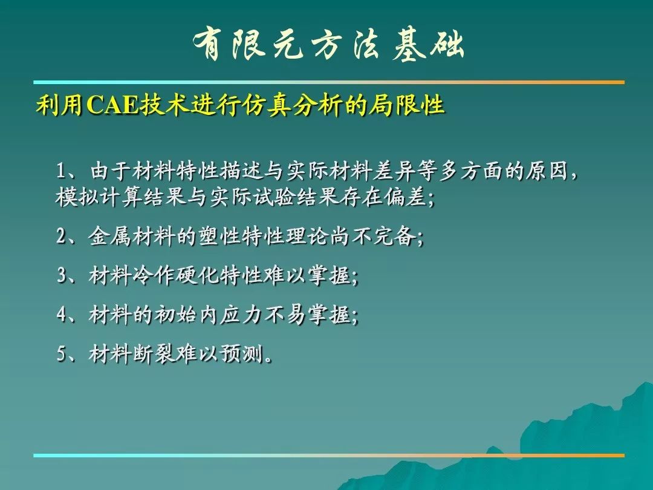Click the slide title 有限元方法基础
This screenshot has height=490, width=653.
coord(328,45)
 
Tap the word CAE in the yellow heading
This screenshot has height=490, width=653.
coord(112,105)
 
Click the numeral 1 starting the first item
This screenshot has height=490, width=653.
coord(62,171)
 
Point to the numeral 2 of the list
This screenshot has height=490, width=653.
coord(62,237)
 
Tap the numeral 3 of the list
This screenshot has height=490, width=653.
coord(62,275)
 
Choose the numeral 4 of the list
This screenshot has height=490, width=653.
coord(62,314)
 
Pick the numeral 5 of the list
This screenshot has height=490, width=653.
coord(62,354)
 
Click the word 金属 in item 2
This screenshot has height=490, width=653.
coord(109,237)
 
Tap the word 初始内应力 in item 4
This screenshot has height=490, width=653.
coord(207,314)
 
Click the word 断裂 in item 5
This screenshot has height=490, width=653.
coord(154,354)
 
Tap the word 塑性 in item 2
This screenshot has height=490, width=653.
coord(219,237)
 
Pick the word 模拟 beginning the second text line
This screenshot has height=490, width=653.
coord(77,197)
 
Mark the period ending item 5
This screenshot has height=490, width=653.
coord(268,359)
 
